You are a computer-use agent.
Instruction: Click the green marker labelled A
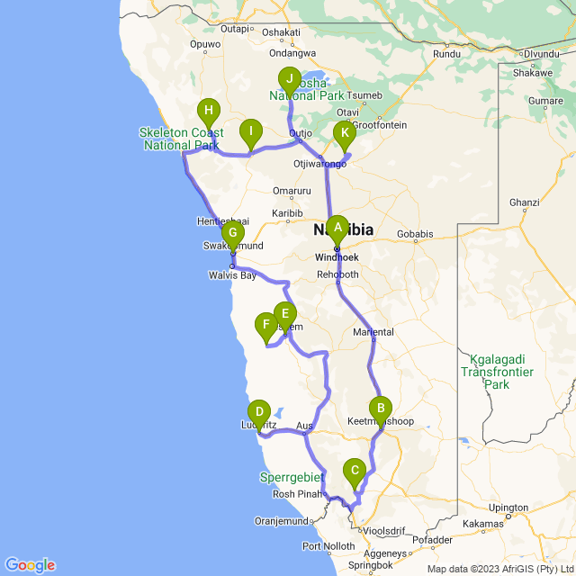pyautogui.click(x=337, y=227)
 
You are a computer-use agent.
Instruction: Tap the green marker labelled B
pyautogui.click(x=380, y=409)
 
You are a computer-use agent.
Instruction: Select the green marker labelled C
pyautogui.click(x=355, y=470)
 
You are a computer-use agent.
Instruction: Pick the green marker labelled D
pyautogui.click(x=259, y=413)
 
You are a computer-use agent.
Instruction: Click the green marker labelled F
pyautogui.click(x=265, y=325)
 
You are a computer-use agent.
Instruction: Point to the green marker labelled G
pyautogui.click(x=233, y=234)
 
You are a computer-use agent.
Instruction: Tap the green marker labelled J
pyautogui.click(x=288, y=79)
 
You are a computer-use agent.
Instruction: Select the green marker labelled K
pyautogui.click(x=344, y=134)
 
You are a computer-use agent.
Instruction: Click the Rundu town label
pyautogui.click(x=446, y=54)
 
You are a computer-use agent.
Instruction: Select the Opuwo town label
pyautogui.click(x=205, y=43)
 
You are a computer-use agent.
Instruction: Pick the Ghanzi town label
pyautogui.click(x=524, y=203)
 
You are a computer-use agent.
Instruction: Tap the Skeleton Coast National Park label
pyautogui.click(x=180, y=139)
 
